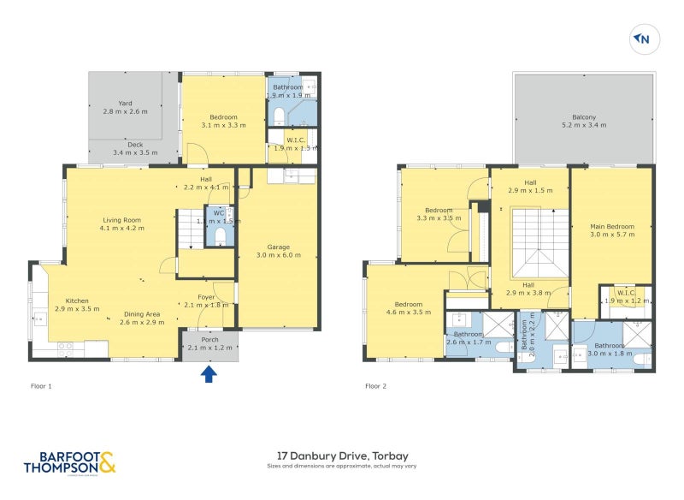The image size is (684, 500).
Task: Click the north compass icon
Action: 642,39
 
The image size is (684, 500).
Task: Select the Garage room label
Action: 279,250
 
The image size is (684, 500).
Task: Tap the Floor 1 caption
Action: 39,386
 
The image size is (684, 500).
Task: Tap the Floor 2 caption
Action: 376,386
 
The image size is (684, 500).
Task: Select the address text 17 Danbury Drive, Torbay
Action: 342,455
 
